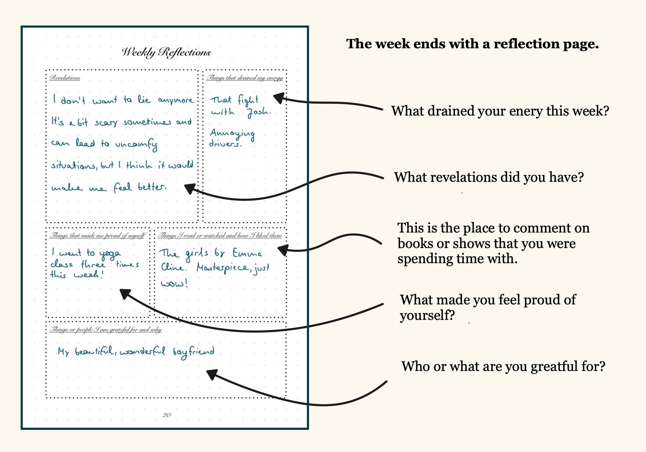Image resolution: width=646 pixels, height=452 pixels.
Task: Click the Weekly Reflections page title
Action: coord(166,52)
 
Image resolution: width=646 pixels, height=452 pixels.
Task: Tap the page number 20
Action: coord(166,415)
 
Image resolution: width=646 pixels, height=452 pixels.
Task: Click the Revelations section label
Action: coord(65,78)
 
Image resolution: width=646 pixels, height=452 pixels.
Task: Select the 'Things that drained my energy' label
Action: coord(245,78)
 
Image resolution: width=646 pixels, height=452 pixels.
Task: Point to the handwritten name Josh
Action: coord(258,112)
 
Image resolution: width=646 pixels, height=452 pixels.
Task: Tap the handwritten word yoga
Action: coord(110,254)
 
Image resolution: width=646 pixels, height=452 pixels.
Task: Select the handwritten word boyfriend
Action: coord(193,352)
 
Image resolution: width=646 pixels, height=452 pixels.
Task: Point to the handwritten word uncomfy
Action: coord(136,144)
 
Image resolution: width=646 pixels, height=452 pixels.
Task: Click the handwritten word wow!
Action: coord(174,283)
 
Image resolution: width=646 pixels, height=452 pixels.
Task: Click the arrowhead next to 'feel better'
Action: coord(190,188)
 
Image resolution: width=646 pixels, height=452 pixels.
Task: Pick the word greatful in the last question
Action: coord(554,367)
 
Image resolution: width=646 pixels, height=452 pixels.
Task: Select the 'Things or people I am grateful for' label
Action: coord(105,330)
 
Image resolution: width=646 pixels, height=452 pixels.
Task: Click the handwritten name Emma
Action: coord(247,253)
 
